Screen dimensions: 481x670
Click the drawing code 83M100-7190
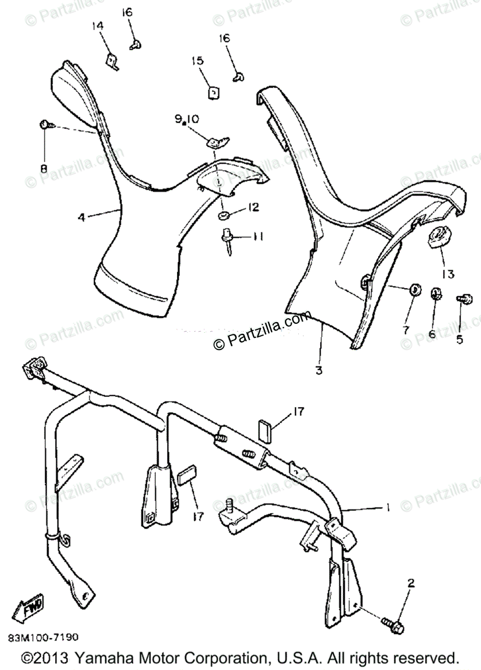pos(43,637)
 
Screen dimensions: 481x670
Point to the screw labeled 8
pos(45,126)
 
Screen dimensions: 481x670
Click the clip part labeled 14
pos(113,61)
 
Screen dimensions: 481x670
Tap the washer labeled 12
pos(223,215)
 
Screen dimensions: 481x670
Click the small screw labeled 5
pos(461,300)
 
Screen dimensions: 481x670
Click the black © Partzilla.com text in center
pos(261,330)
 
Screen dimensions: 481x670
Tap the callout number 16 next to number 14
pos(127,12)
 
